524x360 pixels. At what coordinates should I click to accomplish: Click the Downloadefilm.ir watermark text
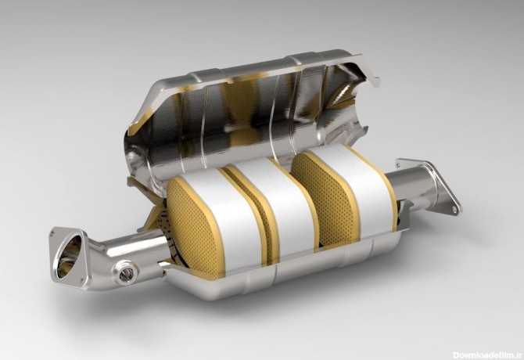[x=487, y=355]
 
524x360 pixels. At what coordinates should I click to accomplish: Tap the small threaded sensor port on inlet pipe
[x=127, y=273]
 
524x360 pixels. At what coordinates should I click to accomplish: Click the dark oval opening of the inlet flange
[x=69, y=257]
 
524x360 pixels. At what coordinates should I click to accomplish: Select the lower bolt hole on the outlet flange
[x=454, y=210]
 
